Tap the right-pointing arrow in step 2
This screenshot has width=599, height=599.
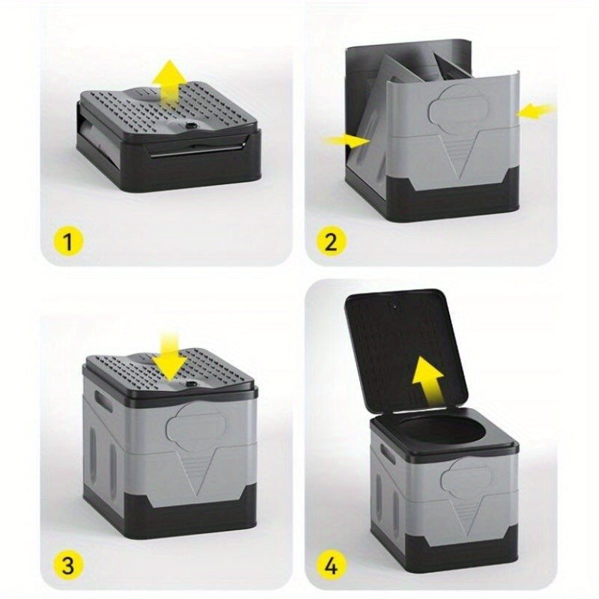pyautogui.click(x=346, y=140)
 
